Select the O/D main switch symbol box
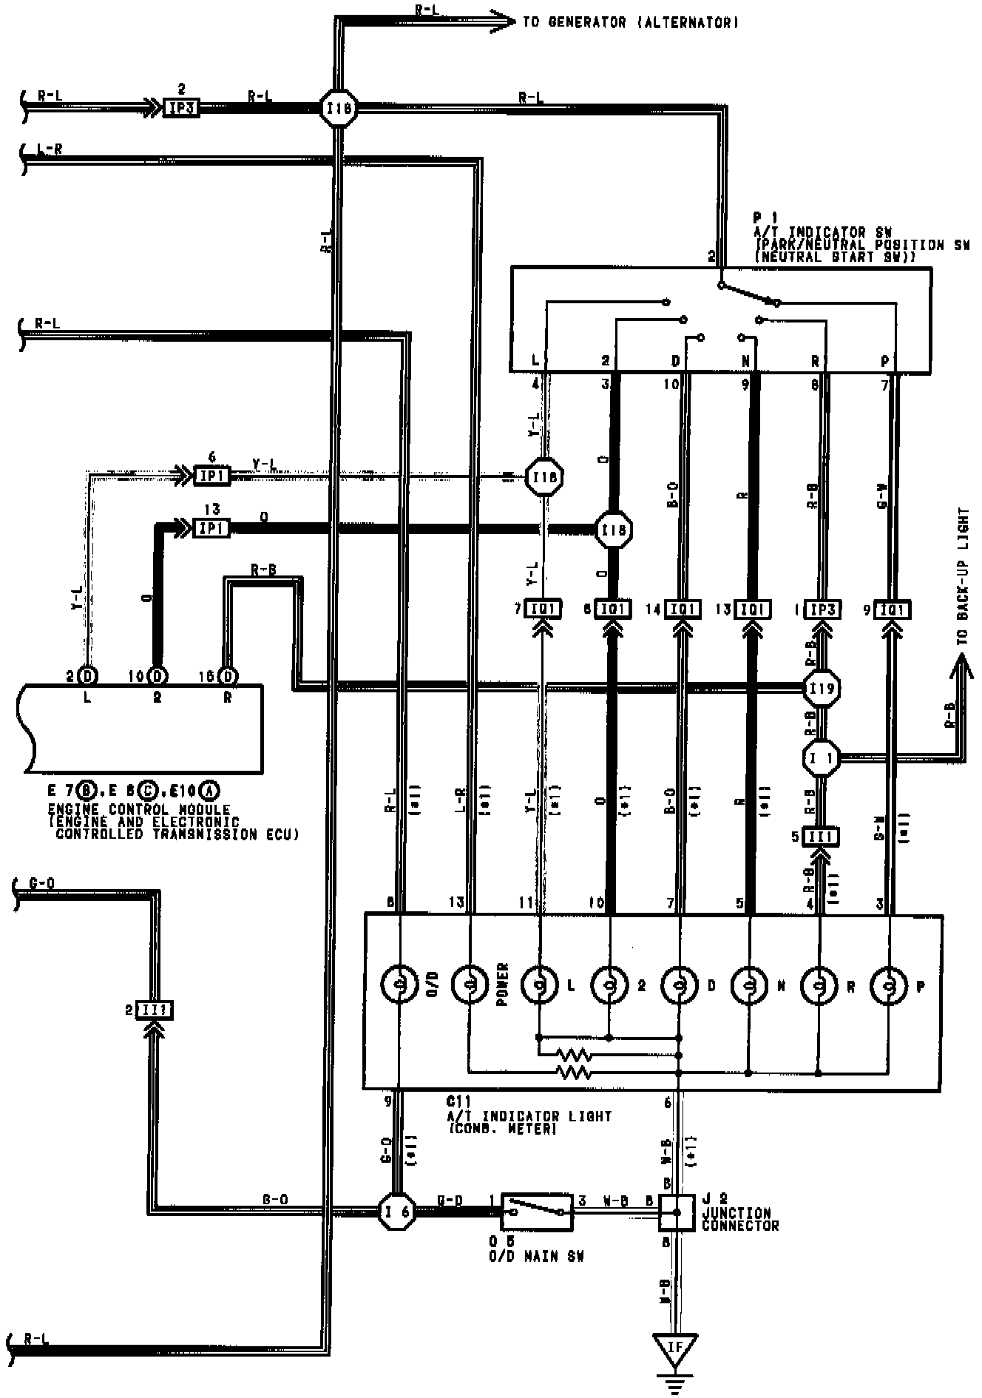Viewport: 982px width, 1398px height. [x=537, y=1212]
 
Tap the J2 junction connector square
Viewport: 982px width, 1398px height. [x=676, y=1212]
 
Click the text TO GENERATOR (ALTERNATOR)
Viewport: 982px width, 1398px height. [x=630, y=23]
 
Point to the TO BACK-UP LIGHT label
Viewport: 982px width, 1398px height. [x=962, y=577]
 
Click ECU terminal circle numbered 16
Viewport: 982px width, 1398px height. [x=228, y=676]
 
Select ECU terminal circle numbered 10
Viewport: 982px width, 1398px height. [x=157, y=676]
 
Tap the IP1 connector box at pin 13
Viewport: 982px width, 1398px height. [x=211, y=528]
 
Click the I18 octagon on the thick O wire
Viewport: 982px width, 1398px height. [x=614, y=530]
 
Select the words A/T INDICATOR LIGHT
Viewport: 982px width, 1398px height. [x=529, y=1116]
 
